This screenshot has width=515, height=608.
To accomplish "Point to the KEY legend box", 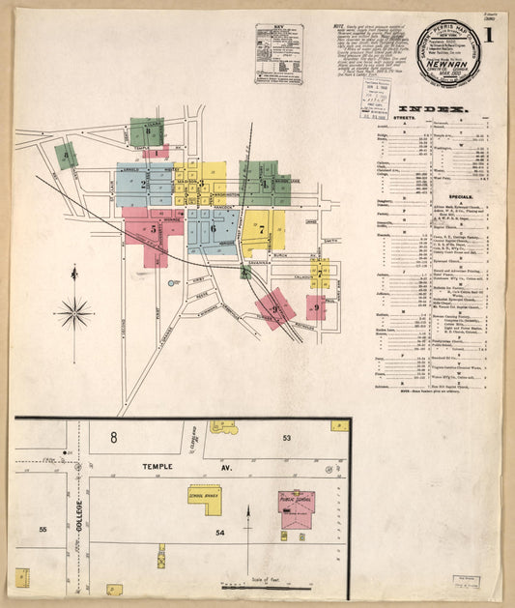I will point(277,54).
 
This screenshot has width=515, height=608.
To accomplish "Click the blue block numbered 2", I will point(144,183).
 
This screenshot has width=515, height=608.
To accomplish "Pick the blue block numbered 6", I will point(214,228).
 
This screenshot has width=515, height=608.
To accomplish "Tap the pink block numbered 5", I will point(153,231).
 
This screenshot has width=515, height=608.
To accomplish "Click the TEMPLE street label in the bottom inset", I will point(157,466).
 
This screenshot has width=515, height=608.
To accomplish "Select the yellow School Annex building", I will point(204,495).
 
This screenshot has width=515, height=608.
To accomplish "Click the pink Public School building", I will point(296,506).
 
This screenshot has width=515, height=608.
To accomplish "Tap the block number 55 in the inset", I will point(43,530).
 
